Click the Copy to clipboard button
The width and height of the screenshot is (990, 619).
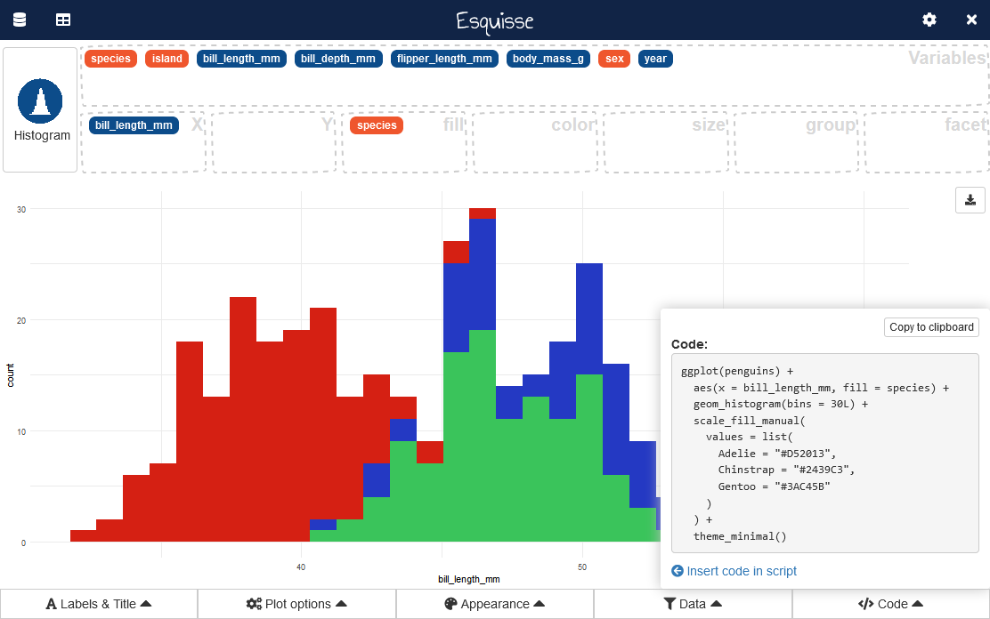(931, 327)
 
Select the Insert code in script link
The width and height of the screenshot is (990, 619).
(734, 571)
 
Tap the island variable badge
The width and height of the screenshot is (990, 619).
(166, 59)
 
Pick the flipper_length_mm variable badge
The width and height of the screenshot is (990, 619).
(445, 59)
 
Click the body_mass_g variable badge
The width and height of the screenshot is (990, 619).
(548, 59)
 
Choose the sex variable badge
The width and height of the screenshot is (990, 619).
(614, 59)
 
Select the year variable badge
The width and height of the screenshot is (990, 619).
(655, 59)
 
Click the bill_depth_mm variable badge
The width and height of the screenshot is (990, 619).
(338, 59)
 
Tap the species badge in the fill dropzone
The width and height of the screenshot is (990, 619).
(377, 125)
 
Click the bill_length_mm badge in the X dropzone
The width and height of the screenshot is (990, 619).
(134, 125)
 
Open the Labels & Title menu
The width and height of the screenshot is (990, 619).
(99, 604)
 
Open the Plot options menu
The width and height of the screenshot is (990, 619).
(296, 604)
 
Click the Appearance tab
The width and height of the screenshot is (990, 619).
(495, 604)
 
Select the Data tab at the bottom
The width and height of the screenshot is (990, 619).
(693, 604)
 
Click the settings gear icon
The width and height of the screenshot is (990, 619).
(929, 20)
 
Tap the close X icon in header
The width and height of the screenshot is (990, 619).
(971, 20)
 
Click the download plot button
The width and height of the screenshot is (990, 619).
(970, 200)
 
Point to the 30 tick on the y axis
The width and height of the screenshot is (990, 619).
(21, 209)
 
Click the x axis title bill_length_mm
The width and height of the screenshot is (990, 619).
(462, 579)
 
